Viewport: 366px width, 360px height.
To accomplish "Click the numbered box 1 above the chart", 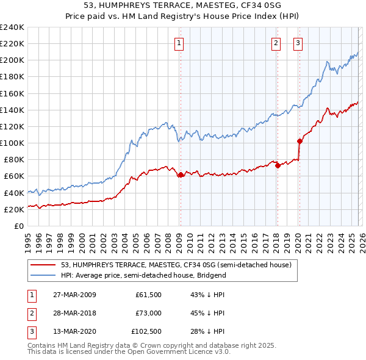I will point(180,43).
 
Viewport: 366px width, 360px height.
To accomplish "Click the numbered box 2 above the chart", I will point(276,43).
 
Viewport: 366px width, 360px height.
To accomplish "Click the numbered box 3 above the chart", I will point(298,43).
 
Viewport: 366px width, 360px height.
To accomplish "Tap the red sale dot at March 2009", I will point(181,175).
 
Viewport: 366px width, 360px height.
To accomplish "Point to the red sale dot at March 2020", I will point(300,141).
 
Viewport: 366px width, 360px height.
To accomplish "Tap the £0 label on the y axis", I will point(18,226).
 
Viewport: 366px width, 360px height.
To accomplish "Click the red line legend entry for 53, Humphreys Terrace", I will point(177,265).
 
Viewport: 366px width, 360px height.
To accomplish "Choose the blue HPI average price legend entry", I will point(143,275).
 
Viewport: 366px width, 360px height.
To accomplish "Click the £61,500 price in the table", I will point(149,295).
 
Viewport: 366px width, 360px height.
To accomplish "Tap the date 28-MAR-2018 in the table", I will point(74,313).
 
